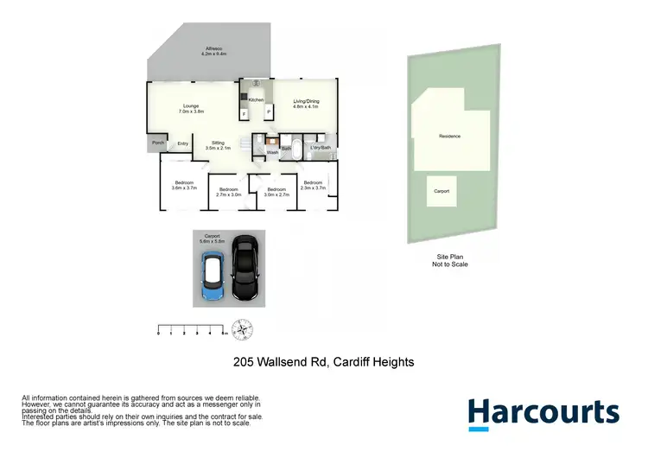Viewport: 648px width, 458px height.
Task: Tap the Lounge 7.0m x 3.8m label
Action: (191, 109)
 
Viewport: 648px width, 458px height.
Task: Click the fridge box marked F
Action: (245, 114)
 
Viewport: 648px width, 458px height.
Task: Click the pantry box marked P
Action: (268, 112)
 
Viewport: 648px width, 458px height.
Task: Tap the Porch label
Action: (157, 143)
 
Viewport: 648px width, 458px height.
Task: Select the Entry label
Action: (183, 143)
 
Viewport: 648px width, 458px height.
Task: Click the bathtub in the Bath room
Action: (295, 147)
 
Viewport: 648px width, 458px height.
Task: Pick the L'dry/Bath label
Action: (321, 149)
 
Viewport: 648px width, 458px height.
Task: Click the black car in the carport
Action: (245, 267)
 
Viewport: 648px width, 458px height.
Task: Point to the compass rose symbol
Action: (244, 328)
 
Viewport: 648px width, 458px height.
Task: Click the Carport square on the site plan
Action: (441, 192)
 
